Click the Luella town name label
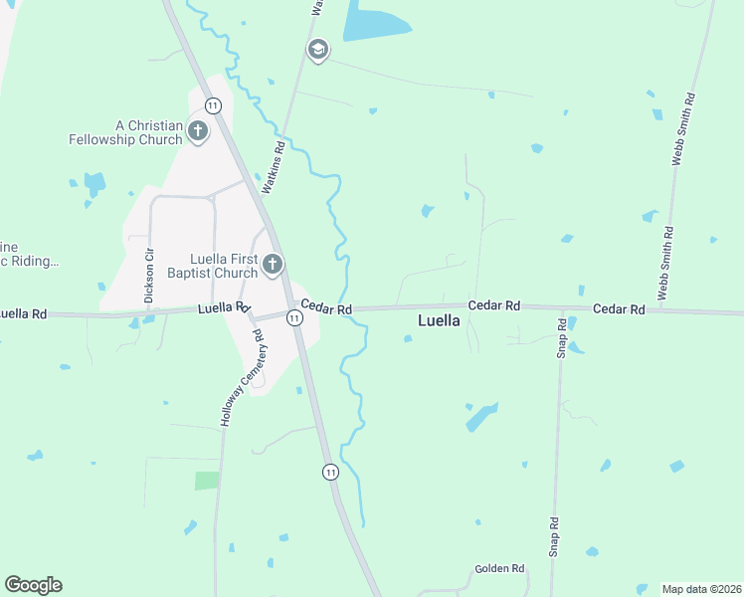click(x=438, y=322)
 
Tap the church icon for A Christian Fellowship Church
click(x=198, y=131)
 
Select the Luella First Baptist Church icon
click(x=273, y=265)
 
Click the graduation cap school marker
click(x=318, y=50)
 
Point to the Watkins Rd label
click(x=273, y=166)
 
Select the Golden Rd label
click(x=499, y=569)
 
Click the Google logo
click(x=33, y=585)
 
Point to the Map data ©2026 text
click(x=701, y=588)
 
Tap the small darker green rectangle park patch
click(x=206, y=481)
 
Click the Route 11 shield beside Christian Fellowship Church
click(x=213, y=104)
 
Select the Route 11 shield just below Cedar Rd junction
click(x=294, y=317)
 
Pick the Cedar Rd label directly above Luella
click(x=495, y=306)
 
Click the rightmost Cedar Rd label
click(x=619, y=309)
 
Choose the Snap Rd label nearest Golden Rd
click(x=555, y=535)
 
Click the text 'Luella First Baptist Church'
click(x=224, y=266)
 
